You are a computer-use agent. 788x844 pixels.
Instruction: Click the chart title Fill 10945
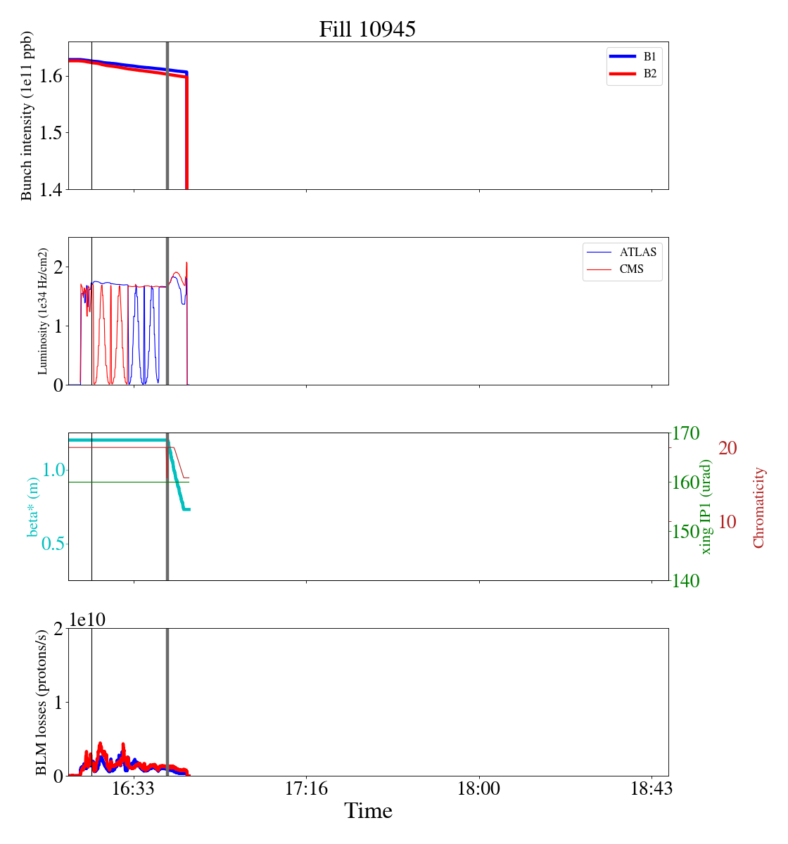[367, 30]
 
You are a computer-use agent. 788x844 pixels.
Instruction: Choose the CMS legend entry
[631, 269]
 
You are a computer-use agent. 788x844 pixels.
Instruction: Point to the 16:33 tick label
[134, 788]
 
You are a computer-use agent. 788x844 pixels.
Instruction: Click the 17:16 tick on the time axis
[306, 788]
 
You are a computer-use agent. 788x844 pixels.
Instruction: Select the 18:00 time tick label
[479, 788]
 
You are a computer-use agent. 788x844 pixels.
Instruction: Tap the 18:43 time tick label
[652, 788]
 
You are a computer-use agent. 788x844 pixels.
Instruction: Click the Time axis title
[368, 811]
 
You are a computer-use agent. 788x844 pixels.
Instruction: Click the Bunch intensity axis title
[27, 116]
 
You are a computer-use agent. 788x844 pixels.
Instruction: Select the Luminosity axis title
[43, 311]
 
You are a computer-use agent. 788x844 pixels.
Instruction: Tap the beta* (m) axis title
[33, 506]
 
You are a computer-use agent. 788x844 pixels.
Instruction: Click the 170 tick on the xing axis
[687, 433]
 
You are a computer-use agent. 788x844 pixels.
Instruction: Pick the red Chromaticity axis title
[758, 507]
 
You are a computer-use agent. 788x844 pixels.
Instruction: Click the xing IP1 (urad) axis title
[706, 507]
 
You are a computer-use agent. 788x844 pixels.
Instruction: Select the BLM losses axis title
[42, 702]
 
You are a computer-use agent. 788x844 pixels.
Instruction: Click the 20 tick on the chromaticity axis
[727, 448]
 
